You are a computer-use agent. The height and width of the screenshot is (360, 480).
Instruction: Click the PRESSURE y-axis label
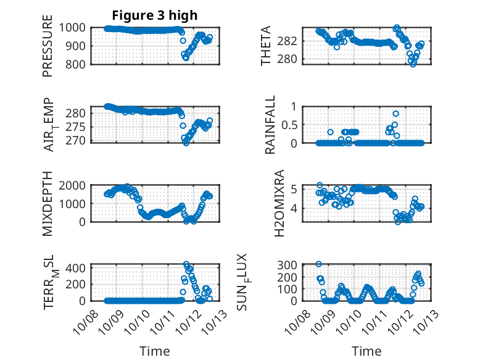(x=48, y=46)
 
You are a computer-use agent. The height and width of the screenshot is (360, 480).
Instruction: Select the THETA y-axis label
(x=266, y=46)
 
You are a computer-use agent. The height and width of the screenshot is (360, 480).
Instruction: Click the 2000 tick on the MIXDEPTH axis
(x=74, y=185)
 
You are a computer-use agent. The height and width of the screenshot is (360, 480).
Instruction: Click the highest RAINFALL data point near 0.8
(x=395, y=114)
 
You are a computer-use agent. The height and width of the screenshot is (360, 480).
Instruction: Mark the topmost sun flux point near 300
(x=318, y=264)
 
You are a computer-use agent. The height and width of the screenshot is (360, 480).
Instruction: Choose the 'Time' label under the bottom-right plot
(x=366, y=351)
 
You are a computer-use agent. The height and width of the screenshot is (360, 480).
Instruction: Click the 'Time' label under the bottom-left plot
(x=155, y=351)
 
